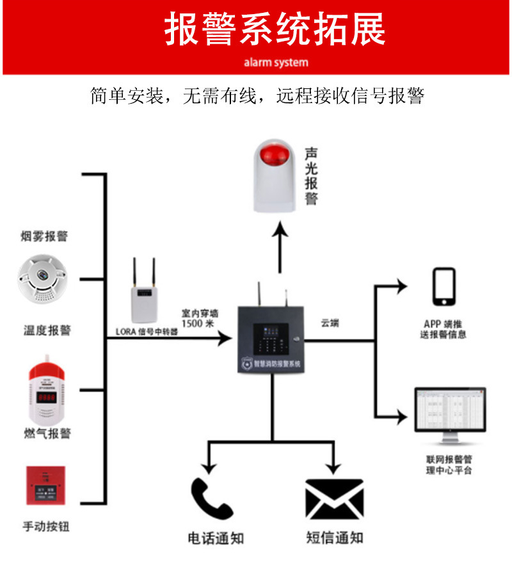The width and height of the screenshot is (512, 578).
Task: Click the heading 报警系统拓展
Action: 275,30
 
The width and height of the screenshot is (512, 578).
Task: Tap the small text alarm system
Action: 275,63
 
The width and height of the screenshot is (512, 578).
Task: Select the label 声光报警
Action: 311,176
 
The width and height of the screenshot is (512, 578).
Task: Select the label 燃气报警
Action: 45,434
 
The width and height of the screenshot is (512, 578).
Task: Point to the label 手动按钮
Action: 45,527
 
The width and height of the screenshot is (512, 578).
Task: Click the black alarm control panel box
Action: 271,339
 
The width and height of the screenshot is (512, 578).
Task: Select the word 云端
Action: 330,324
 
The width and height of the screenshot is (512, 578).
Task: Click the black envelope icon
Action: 334,499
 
